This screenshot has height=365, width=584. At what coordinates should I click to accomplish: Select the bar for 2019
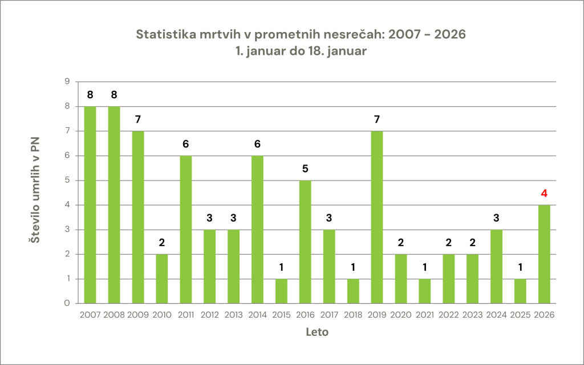pyautogui.click(x=377, y=217)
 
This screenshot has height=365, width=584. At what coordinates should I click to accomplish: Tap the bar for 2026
pyautogui.click(x=544, y=254)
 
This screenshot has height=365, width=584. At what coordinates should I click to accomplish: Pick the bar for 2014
pyautogui.click(x=257, y=229)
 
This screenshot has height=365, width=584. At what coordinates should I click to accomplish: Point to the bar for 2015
pyautogui.click(x=281, y=291)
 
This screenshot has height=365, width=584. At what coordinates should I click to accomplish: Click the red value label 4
pyautogui.click(x=544, y=194)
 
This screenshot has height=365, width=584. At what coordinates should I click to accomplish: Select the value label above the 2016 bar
pyautogui.click(x=305, y=169)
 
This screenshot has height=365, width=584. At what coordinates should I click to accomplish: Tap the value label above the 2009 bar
pyautogui.click(x=138, y=120)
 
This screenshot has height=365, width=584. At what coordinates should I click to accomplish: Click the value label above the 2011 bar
pyautogui.click(x=186, y=145)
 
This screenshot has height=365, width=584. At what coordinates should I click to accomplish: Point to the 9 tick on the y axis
pyautogui.click(x=67, y=82)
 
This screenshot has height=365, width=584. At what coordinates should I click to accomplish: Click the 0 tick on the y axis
pyautogui.click(x=67, y=303)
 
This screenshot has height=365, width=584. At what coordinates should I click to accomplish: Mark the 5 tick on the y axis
pyautogui.click(x=67, y=181)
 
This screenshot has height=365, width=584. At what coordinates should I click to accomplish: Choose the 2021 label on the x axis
pyautogui.click(x=424, y=315)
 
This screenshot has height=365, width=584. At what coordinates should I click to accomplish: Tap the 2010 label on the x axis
pyautogui.click(x=162, y=315)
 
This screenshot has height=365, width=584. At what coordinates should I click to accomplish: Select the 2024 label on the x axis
pyautogui.click(x=496, y=315)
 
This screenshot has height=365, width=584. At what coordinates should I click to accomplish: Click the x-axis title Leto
pyautogui.click(x=317, y=332)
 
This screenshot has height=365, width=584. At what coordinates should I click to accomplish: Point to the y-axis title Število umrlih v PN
pyautogui.click(x=35, y=192)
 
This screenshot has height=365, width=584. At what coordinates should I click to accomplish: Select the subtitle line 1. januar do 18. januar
pyautogui.click(x=301, y=51)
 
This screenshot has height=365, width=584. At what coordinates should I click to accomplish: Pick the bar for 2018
pyautogui.click(x=353, y=291)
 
